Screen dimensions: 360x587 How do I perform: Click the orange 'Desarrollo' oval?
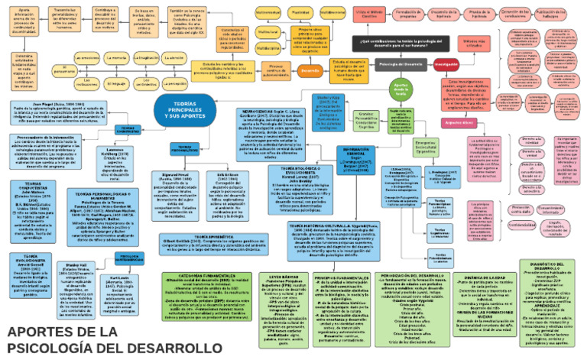point(310,71)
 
